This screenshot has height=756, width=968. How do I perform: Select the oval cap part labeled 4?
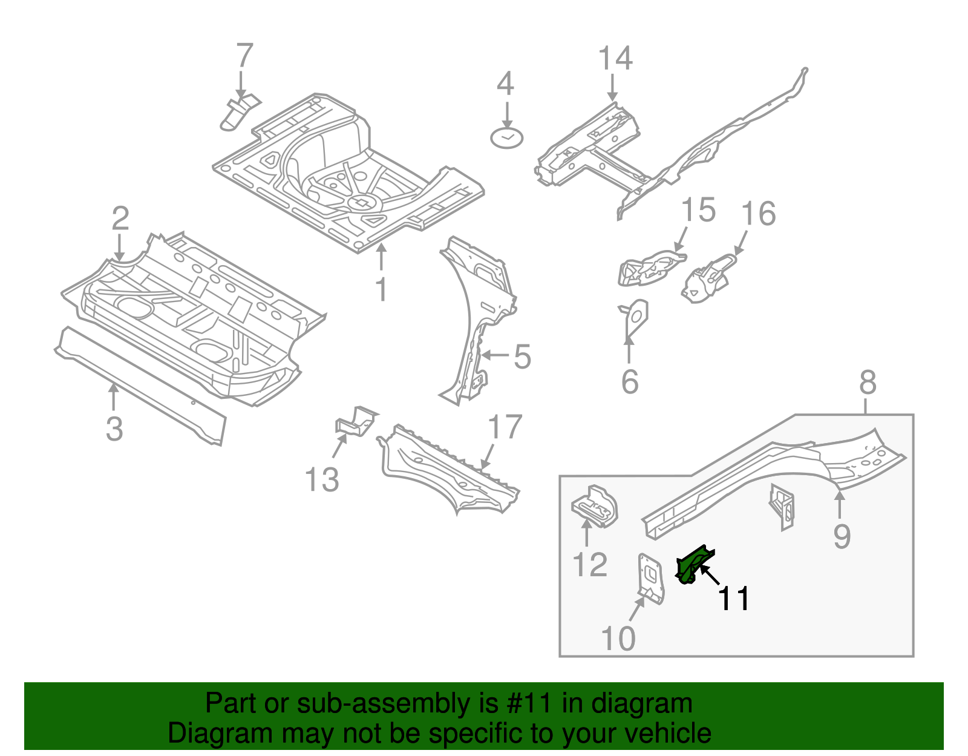[x=506, y=139]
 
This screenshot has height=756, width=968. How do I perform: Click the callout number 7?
[x=244, y=56]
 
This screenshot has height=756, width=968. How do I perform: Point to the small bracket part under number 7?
[x=237, y=113]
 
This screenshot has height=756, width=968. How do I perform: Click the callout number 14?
[x=615, y=59]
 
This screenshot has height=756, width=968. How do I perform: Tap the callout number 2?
[x=120, y=219]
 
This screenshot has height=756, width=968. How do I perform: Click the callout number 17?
[x=505, y=427]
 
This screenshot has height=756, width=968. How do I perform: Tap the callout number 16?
[x=758, y=214]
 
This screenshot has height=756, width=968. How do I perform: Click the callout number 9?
[x=842, y=536]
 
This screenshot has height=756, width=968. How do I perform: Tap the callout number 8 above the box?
[x=868, y=383]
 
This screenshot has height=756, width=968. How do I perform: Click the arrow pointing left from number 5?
[x=494, y=355]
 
